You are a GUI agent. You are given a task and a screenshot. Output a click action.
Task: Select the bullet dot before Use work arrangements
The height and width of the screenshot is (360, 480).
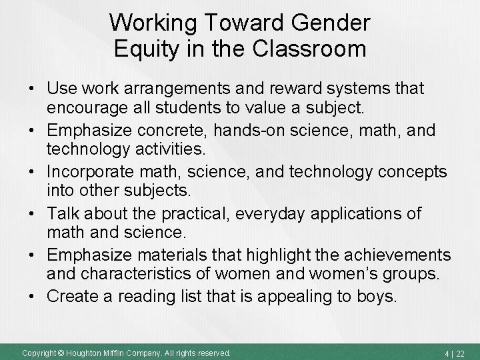pyautogui.click(x=32, y=87)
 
